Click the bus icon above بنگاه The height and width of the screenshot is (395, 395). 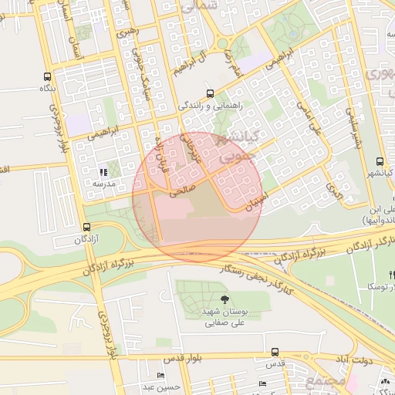point(48,77)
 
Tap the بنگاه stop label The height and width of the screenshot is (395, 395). point(49,89)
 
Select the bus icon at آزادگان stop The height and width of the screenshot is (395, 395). point(86,228)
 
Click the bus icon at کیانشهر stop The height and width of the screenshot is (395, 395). point(379,161)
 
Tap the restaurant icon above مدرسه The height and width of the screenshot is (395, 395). point(103,172)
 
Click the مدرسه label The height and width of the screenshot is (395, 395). point(103,184)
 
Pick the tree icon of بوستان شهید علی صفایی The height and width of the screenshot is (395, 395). point(225,299)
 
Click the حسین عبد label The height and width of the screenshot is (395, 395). point(164,387)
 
